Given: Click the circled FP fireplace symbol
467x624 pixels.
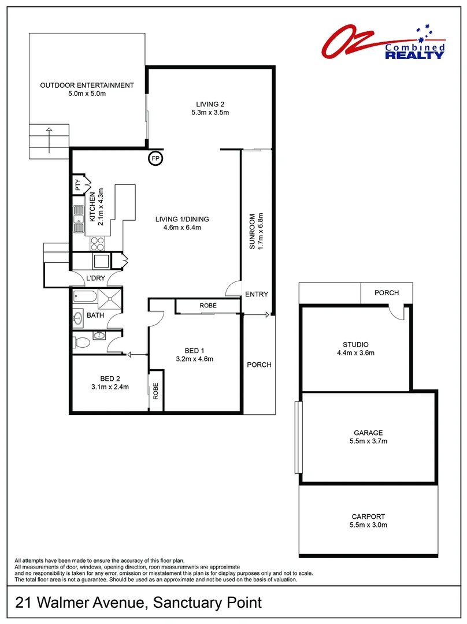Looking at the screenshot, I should (x=155, y=158).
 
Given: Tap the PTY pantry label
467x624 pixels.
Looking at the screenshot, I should (x=77, y=185).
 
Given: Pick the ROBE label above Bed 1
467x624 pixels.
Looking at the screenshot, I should (x=207, y=305).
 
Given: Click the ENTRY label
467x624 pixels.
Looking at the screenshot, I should (x=257, y=294).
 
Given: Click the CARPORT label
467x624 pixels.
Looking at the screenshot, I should (x=368, y=517).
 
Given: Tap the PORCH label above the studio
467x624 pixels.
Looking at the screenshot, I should (x=387, y=293).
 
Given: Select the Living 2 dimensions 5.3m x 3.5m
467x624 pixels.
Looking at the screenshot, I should (x=210, y=113).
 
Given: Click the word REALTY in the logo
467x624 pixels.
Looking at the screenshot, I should (x=415, y=55).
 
